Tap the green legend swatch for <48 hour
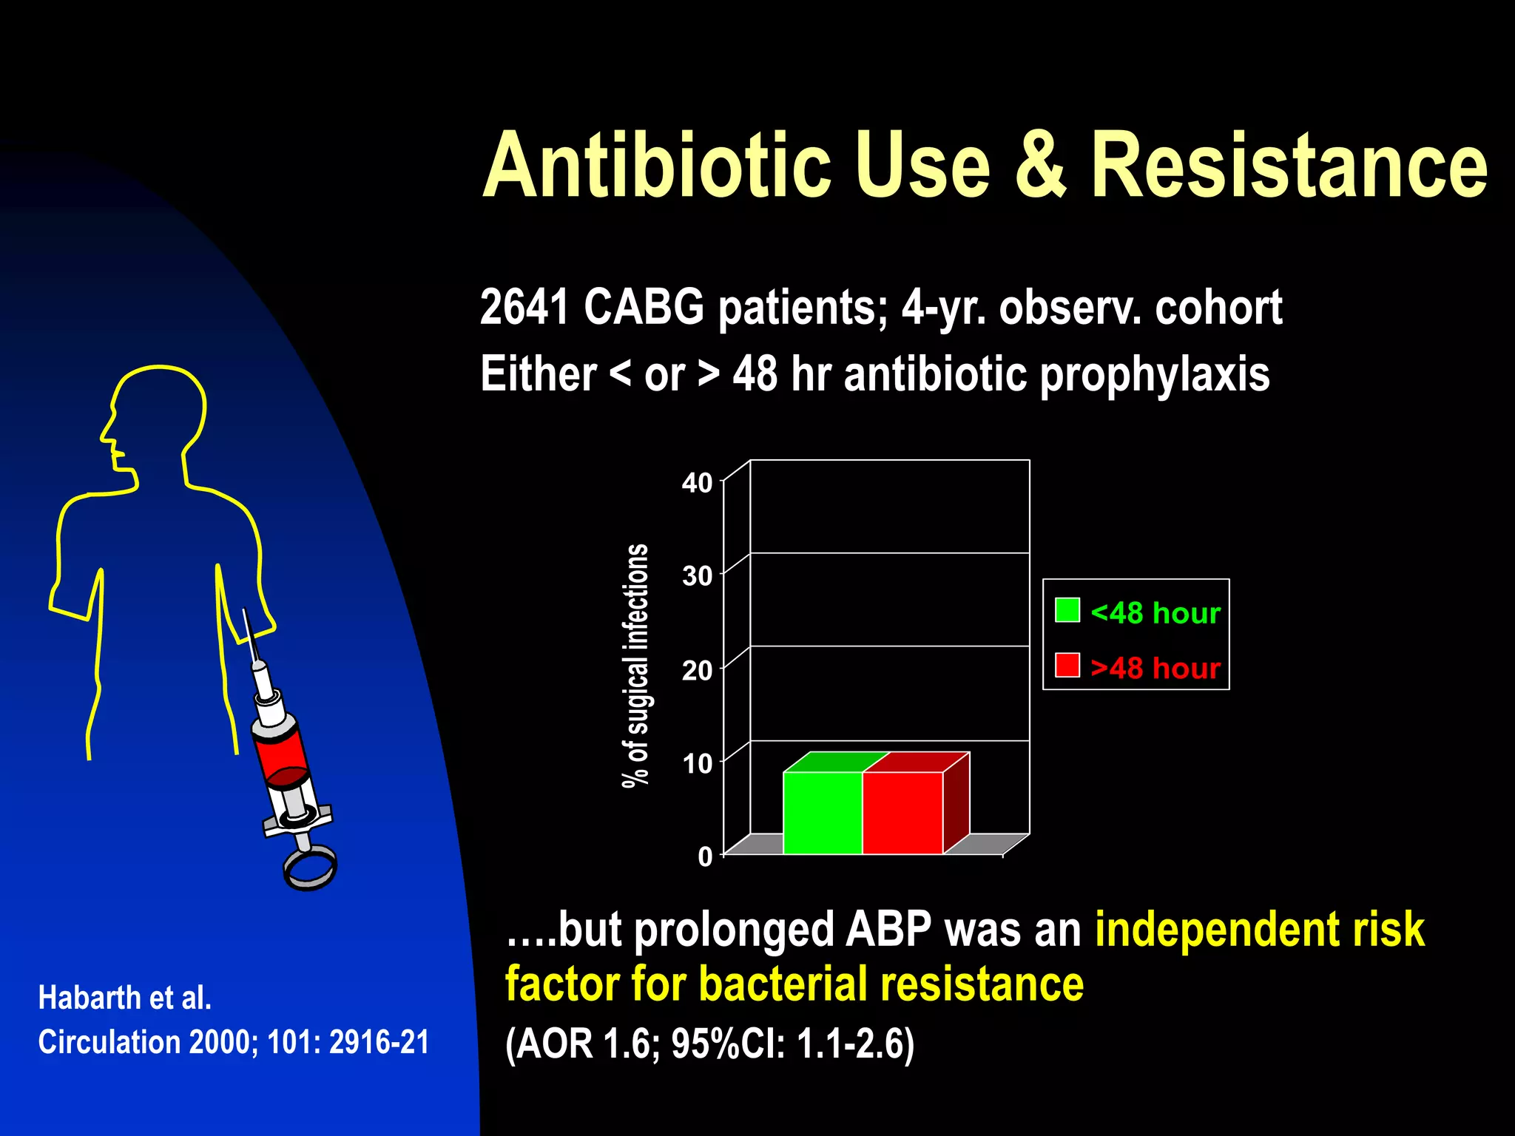(1067, 610)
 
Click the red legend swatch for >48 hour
(1067, 665)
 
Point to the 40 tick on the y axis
(697, 483)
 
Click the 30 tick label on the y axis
(697, 575)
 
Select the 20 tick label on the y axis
(697, 670)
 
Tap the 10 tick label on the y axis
(697, 763)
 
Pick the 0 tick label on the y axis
(705, 856)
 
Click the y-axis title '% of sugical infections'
(635, 666)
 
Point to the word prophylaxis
(1155, 374)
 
